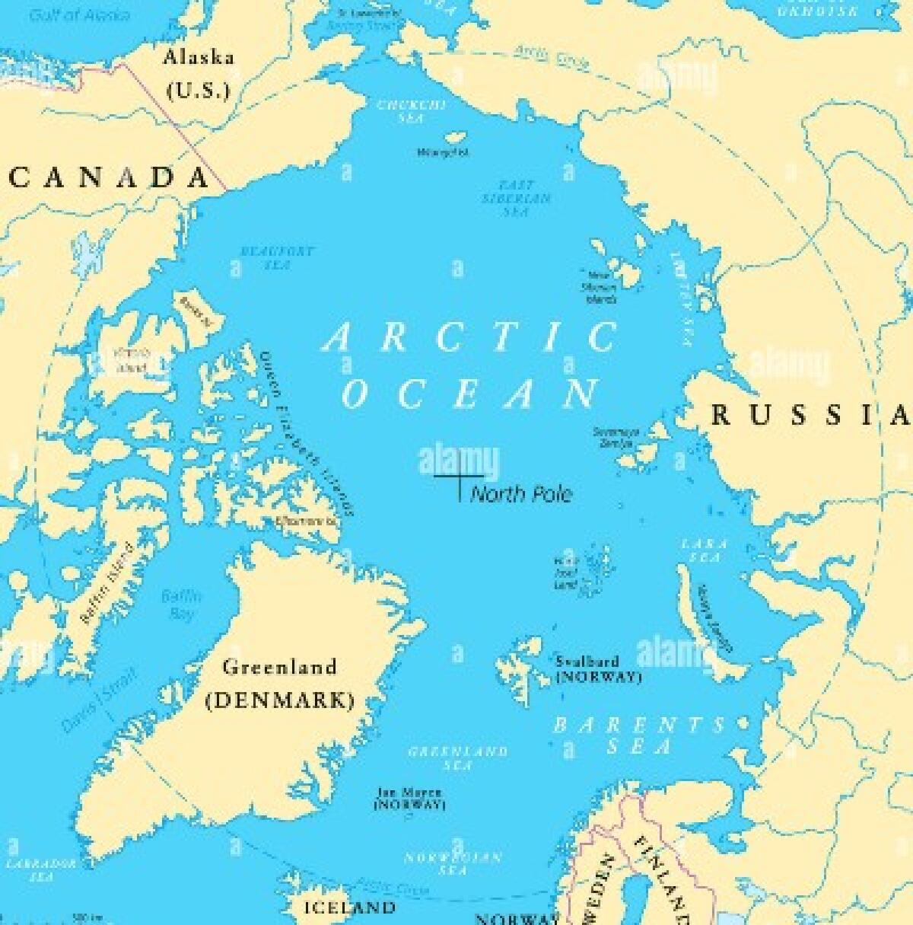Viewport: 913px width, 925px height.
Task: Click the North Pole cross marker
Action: point(459,477)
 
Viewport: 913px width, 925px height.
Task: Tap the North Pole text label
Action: point(521,494)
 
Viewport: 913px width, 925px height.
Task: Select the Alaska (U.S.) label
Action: point(199,74)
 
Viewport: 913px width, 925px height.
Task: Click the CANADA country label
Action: point(110,177)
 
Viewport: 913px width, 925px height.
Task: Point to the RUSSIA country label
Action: point(810,415)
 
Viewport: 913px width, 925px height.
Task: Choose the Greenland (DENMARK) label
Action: point(280,684)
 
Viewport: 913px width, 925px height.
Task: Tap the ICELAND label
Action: point(349,907)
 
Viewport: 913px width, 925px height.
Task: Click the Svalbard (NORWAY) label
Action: point(598,669)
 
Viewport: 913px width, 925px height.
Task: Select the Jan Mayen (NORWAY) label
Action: point(409,798)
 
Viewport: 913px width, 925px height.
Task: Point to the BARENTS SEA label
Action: point(639,735)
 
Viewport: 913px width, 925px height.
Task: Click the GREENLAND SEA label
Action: point(458,758)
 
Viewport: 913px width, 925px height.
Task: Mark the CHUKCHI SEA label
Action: point(411,111)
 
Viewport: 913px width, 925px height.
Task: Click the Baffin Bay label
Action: point(181,604)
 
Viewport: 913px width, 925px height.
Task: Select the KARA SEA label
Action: point(705,550)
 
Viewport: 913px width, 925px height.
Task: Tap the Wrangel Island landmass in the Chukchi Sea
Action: point(455,138)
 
